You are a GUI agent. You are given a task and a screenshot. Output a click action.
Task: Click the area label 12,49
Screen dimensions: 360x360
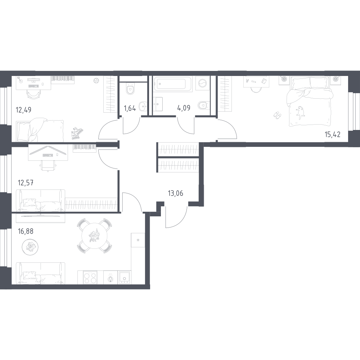coord(23,110)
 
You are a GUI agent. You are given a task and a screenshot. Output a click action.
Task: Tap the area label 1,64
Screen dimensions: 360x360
coord(130,108)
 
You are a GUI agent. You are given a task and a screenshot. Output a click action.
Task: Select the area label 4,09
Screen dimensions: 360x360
coord(184,108)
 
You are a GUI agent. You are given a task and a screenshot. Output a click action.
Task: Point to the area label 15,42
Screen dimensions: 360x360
coord(332,134)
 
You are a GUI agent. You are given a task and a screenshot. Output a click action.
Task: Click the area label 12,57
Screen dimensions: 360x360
coord(26,183)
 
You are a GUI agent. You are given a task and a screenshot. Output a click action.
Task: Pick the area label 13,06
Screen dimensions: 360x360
coord(176,193)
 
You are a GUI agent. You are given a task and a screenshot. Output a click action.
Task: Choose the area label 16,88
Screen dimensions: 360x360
coord(26,231)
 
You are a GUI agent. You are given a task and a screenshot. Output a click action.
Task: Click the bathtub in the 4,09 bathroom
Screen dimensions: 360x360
coord(174,84)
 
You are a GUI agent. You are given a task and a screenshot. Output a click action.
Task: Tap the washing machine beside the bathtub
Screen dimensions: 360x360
coord(202,83)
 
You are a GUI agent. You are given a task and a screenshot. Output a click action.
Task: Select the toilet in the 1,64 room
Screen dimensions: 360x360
coord(130,89)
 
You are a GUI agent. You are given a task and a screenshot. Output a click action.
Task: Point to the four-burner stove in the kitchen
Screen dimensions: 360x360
coord(90,277)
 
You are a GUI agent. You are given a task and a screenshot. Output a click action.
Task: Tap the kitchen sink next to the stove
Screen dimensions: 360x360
coord(124,277)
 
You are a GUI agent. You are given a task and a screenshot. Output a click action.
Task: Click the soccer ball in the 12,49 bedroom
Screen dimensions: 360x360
coord(96,81)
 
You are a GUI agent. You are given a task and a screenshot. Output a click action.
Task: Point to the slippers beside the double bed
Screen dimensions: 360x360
coord(277,115)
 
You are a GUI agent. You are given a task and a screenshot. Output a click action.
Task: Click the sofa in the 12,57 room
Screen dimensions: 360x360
coord(40,201)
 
